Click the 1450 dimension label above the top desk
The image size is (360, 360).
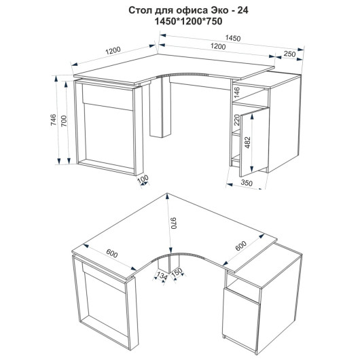pos(233,38)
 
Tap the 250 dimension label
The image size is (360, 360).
pos(289,54)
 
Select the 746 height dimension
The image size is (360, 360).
pos(53,120)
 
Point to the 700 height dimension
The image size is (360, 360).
pos(64,121)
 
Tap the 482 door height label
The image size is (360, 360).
pos(248,143)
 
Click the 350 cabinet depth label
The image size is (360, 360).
pos(247,183)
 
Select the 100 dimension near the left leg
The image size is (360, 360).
pos(143,179)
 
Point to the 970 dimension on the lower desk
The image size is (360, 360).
pos(174,223)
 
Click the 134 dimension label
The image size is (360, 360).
pos(162,276)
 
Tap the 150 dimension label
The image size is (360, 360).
pos(177,273)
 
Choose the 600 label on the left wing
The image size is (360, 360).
pos(112,253)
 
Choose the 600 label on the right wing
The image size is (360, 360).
pos(241,246)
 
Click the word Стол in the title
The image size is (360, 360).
pos(139,10)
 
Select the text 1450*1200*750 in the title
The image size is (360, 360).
pos(189,21)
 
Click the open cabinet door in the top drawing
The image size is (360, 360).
pos(254,143)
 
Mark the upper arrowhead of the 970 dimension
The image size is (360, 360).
pos(168,196)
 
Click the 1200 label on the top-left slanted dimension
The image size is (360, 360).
pos(113,50)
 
